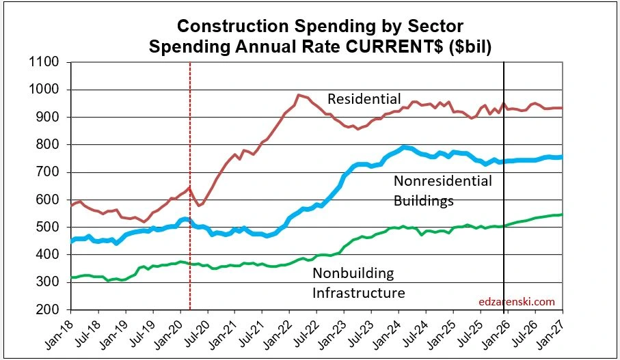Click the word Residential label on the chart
[364, 100]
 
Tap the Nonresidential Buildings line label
[442, 191]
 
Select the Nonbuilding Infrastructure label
[358, 283]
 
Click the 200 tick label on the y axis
[48, 309]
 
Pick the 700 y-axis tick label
[48, 172]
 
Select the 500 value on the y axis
[48, 227]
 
